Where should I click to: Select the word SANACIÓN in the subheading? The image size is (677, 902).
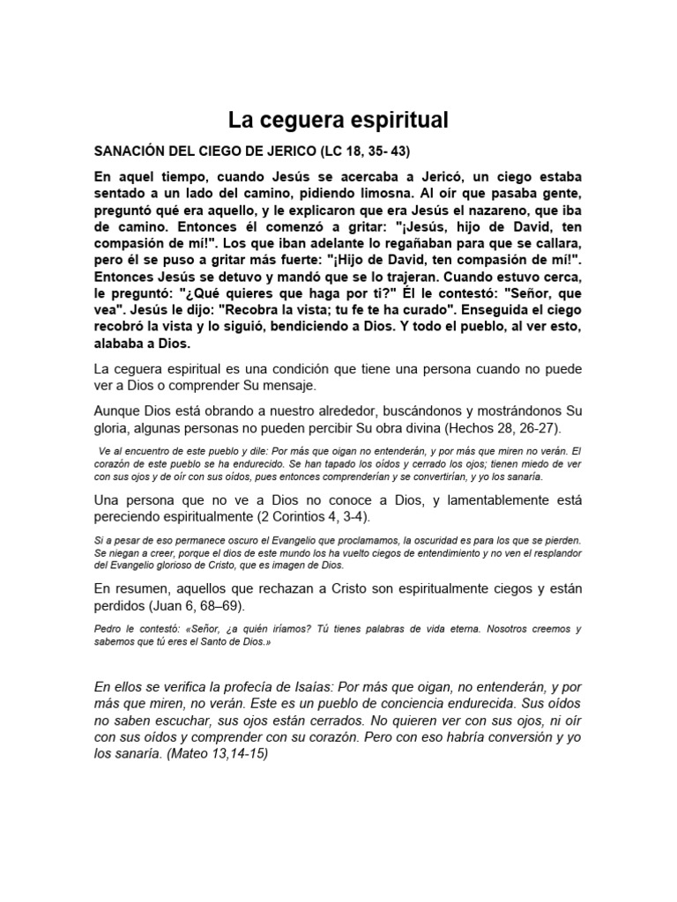point(136,150)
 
